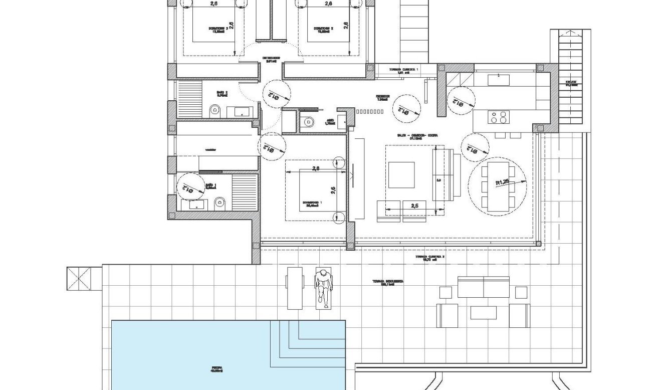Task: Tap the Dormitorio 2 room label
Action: tap(323, 30)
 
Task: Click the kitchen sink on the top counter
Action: tap(499, 79)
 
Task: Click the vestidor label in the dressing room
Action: tap(210, 149)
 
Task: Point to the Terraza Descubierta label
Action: tap(388, 283)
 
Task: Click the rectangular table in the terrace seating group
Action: tap(483, 312)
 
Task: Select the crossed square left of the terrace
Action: tap(77, 279)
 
